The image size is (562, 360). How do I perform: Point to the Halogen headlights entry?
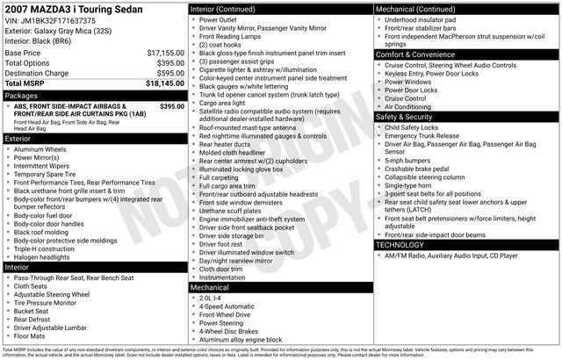pos(47,256)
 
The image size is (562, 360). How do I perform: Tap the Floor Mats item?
pos(31,335)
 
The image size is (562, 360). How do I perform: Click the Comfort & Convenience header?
pos(418,54)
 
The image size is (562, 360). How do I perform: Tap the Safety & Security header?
pos(404,116)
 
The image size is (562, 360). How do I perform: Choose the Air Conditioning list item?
pos(414,106)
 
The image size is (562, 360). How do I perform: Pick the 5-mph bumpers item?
pos(408,160)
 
